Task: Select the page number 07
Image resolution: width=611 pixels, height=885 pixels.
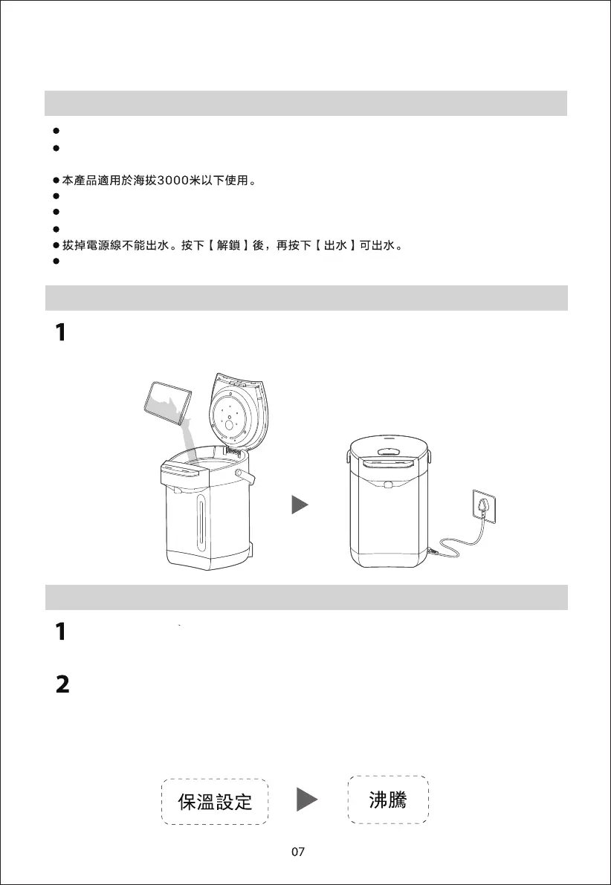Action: pyautogui.click(x=298, y=852)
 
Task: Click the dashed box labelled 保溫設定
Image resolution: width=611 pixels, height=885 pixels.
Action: pyautogui.click(x=215, y=802)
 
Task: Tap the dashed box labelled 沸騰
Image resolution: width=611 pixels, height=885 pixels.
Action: pyautogui.click(x=388, y=800)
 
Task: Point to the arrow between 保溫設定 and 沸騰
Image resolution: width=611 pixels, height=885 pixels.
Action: pyautogui.click(x=307, y=800)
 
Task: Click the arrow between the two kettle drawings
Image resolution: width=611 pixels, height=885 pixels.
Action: pyautogui.click(x=300, y=506)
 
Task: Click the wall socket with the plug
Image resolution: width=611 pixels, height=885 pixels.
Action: pyautogui.click(x=482, y=510)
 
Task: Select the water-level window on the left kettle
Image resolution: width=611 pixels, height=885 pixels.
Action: pyautogui.click(x=200, y=525)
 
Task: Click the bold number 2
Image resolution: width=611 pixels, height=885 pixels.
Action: pyautogui.click(x=62, y=685)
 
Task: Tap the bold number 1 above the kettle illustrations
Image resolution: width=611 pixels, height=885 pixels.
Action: pyautogui.click(x=62, y=333)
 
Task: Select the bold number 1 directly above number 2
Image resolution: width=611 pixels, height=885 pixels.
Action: pyautogui.click(x=62, y=632)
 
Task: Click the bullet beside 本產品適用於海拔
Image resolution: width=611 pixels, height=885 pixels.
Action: pyautogui.click(x=56, y=181)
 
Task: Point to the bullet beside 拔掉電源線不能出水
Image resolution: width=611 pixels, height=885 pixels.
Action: pyautogui.click(x=56, y=245)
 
